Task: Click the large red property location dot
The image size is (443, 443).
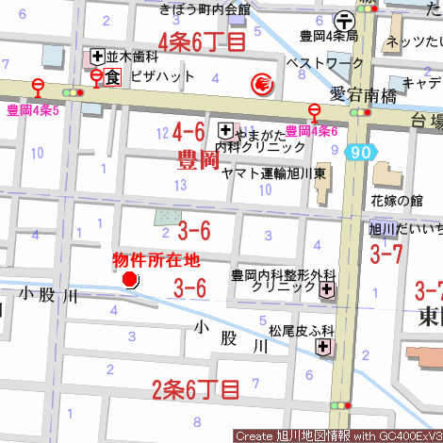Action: (x=130, y=279)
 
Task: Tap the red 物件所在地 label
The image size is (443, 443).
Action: (x=156, y=259)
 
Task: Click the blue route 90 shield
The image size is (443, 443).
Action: (x=358, y=152)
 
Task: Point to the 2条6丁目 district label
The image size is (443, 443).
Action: (x=196, y=387)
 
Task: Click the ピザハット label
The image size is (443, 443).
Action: (x=162, y=76)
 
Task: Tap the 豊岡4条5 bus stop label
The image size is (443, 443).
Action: (x=33, y=111)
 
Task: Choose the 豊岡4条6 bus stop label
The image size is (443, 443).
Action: (x=311, y=131)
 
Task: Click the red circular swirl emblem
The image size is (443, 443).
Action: (x=261, y=85)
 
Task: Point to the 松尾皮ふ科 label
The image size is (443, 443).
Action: (x=302, y=331)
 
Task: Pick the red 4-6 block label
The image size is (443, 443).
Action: (x=189, y=131)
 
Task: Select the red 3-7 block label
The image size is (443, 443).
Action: (x=386, y=253)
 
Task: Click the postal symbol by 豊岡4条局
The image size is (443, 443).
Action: (x=346, y=18)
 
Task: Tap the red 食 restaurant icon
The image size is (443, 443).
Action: (x=112, y=76)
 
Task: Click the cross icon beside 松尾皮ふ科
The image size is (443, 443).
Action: (x=323, y=348)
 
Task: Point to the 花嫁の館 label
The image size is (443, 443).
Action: (x=397, y=201)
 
